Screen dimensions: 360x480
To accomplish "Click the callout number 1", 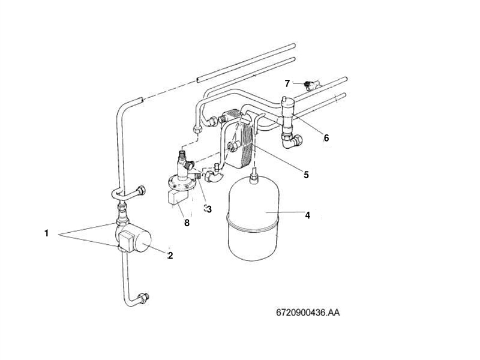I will pos(46,233).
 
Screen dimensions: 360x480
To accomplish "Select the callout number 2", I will pos(170,256).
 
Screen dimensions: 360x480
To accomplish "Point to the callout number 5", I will pos(305,175).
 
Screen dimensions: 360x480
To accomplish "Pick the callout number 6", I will pos(326,137).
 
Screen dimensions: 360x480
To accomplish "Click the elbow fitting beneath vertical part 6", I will pos(292,141).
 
